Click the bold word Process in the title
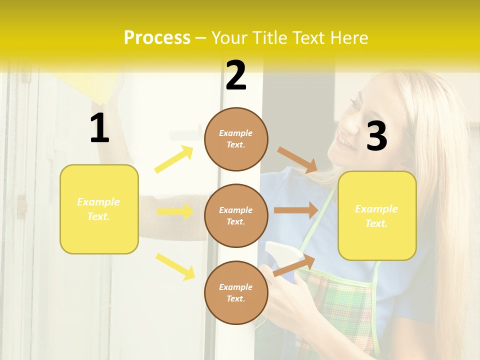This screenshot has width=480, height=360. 157,38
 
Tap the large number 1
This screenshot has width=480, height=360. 99,128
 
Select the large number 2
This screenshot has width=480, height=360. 236,75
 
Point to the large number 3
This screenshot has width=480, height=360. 376,136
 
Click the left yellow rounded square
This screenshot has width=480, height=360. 99,209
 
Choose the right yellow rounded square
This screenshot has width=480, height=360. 377,215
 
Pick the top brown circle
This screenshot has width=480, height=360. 236,139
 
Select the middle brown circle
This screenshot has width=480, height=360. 236,215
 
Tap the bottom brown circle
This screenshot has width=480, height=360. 236,292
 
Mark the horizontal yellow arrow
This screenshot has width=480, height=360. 175,211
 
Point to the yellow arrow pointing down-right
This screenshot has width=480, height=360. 175,266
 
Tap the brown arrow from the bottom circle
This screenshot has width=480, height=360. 294,264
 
